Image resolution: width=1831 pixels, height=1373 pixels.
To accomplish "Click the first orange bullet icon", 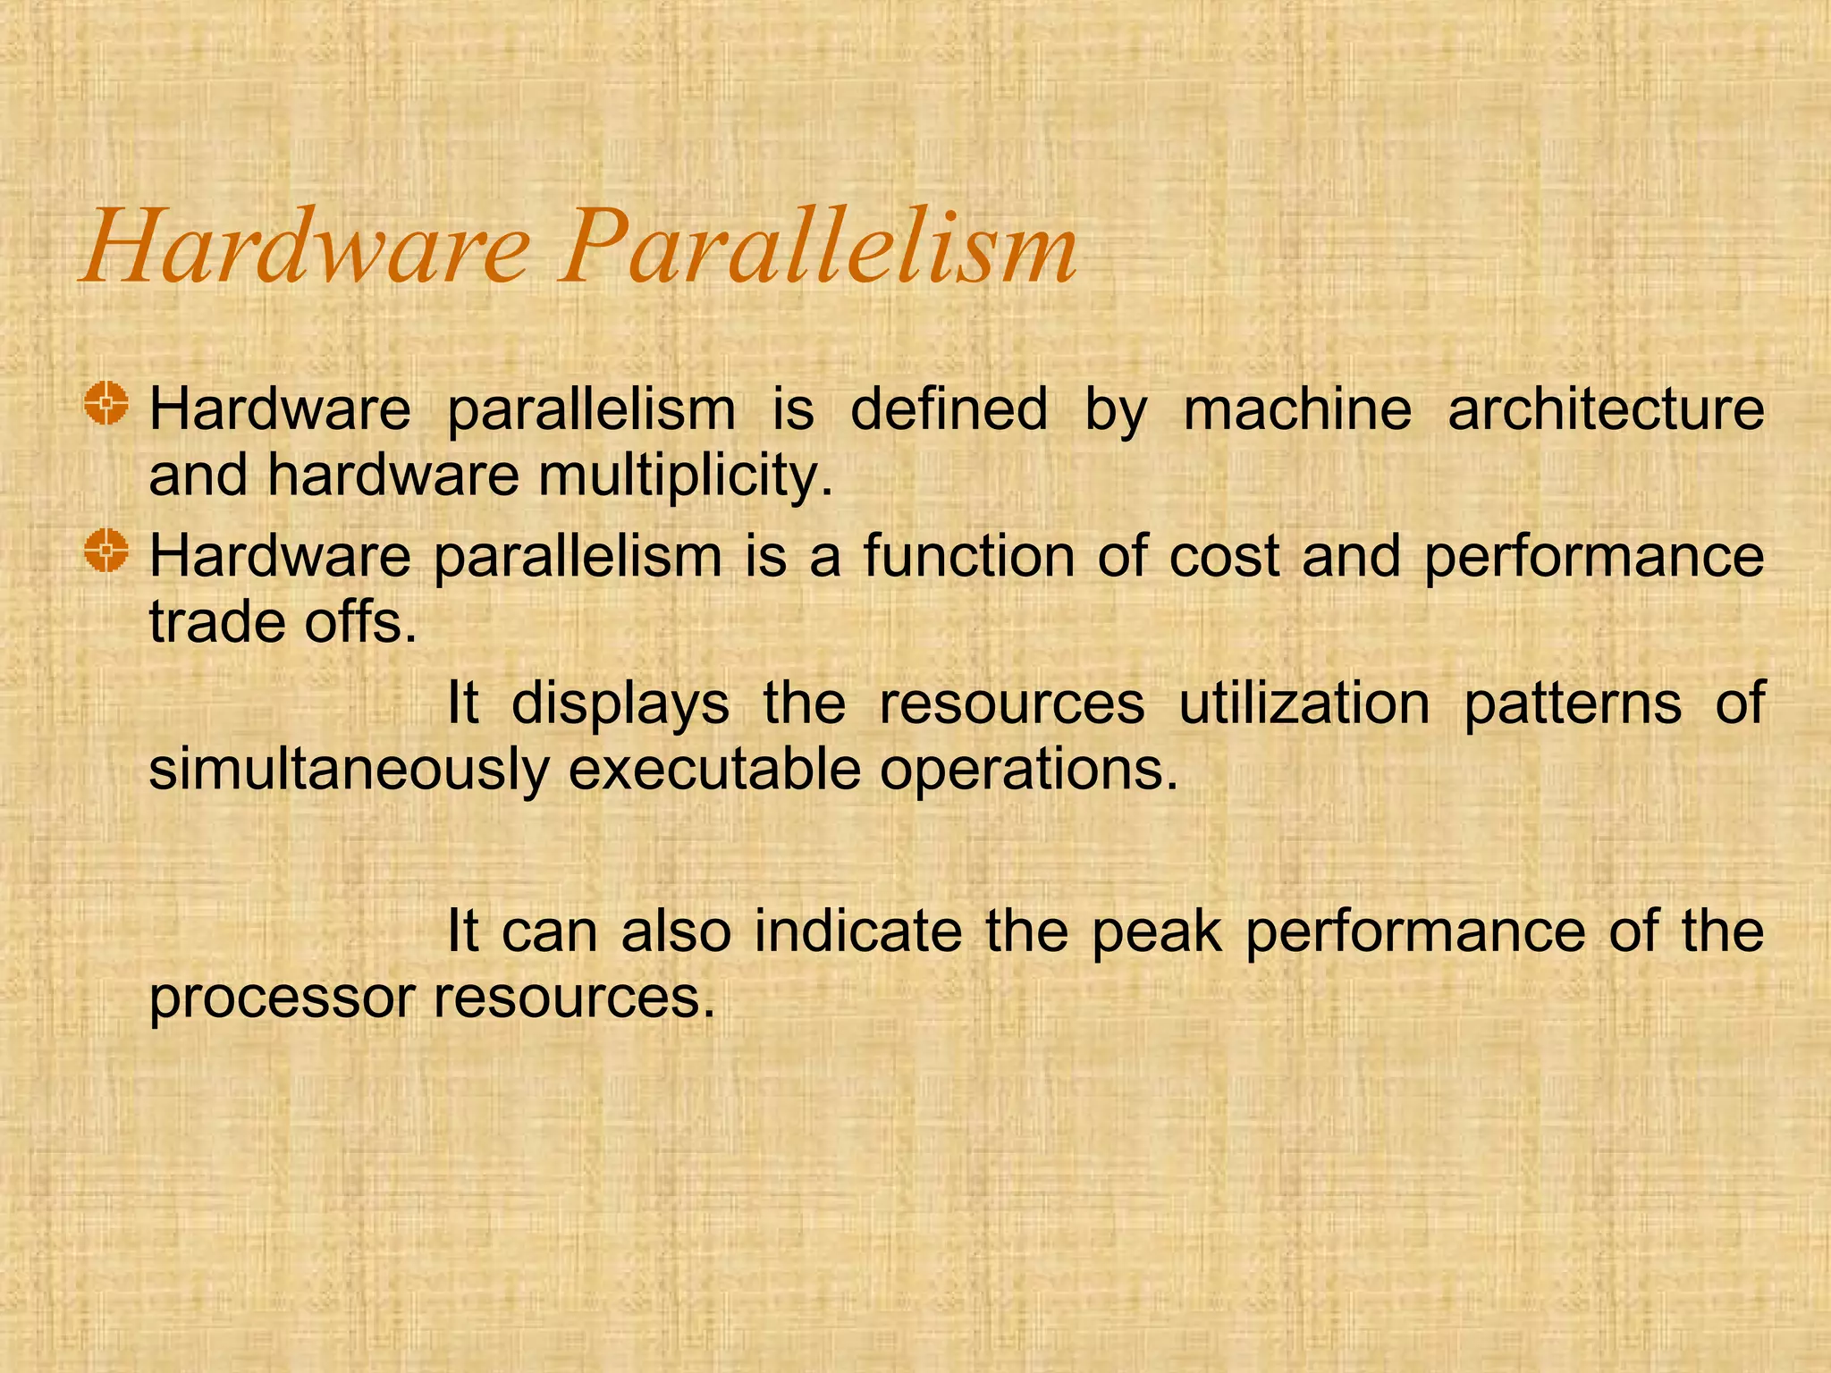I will pos(106,403).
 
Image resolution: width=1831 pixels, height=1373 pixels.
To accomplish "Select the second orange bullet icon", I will pos(106,550).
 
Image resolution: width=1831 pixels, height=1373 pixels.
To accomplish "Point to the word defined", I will pos(949,409).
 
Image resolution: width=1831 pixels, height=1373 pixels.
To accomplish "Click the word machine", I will pos(1297,409).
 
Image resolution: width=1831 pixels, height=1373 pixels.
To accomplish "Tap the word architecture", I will pos(1606,409).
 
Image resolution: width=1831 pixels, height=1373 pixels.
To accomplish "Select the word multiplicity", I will pos(685,476).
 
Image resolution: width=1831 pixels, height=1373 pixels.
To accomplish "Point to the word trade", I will pos(215,622).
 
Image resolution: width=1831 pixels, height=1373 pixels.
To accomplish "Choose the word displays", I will pos(620,703).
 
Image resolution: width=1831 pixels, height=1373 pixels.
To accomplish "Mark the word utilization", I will pos(1304,703).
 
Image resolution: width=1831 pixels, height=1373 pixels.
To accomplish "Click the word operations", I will pos(1028,771).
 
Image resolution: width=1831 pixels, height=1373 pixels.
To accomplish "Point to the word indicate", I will pos(857,931).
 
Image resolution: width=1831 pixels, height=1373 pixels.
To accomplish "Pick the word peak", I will pos(1157,932).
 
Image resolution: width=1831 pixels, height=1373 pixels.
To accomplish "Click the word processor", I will pos(282,998).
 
